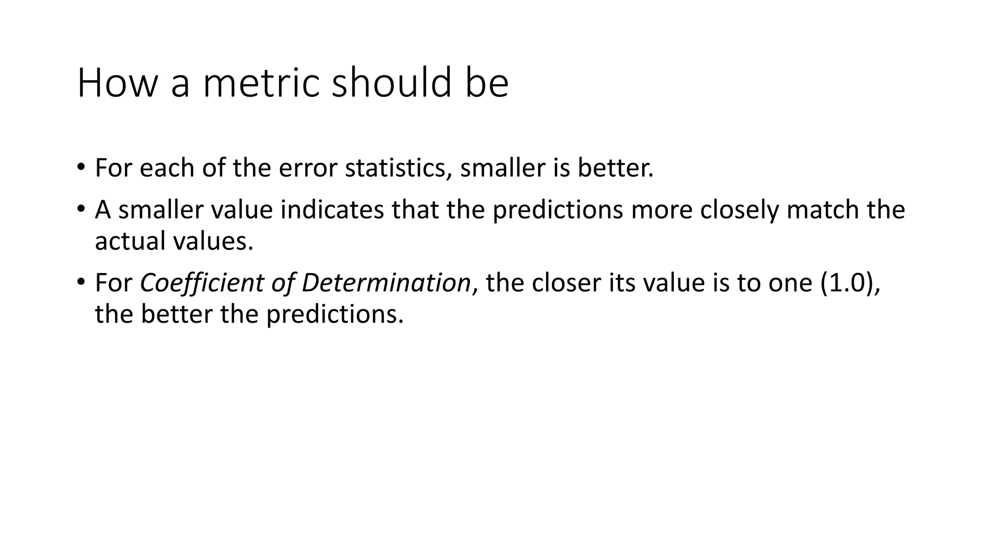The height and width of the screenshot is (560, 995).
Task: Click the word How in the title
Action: click(x=117, y=83)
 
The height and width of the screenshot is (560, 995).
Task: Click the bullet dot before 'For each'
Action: click(x=81, y=168)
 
